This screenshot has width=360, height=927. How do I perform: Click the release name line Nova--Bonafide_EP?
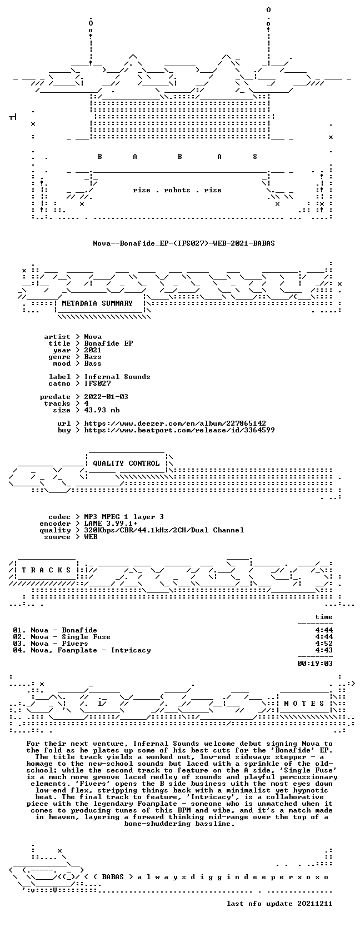coord(184,243)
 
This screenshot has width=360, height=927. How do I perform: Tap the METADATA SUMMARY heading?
coord(97,303)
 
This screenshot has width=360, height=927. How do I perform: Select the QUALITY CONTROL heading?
coord(126,463)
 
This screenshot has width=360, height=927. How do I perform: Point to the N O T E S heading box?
coord(304,703)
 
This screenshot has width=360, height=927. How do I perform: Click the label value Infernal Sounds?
coord(117,377)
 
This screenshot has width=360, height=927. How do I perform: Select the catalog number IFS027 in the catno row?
coord(97,383)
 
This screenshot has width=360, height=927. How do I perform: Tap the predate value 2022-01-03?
coord(106,396)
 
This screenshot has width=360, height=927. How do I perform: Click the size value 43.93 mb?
coord(102,410)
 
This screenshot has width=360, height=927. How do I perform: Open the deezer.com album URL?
coord(175,423)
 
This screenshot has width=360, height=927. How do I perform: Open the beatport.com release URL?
coord(179,430)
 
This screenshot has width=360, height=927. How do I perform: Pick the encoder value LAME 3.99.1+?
coord(111,524)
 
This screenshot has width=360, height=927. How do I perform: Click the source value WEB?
coord(91,537)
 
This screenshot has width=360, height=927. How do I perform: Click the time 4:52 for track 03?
coord(324,644)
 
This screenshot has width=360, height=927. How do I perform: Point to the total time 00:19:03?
coord(315,664)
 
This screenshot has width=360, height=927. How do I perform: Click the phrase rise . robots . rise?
coord(177,190)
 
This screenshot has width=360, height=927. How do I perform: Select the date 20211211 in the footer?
coord(315,904)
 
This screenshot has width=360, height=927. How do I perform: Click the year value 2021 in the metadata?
coord(93,350)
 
